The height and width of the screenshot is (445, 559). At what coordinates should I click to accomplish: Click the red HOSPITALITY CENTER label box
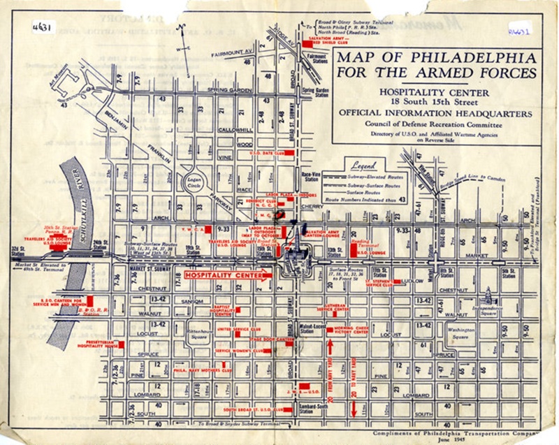[224, 275]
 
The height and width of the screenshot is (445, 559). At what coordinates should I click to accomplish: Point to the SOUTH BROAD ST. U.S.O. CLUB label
[247, 409]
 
